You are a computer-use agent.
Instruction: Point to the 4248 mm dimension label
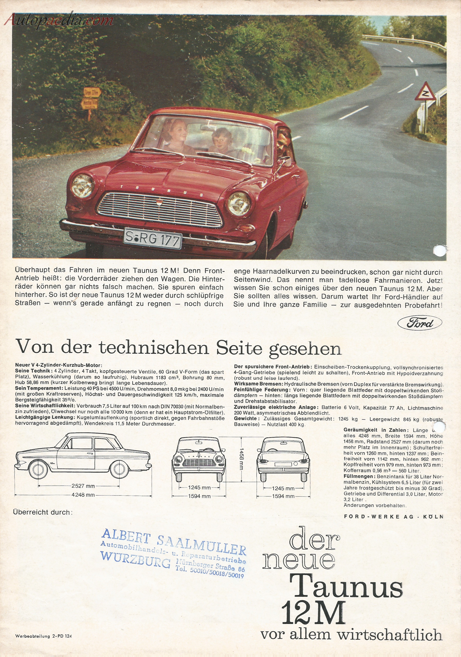click(83, 495)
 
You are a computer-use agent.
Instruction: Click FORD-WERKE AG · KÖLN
click(393, 517)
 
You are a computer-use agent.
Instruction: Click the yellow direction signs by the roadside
click(91, 99)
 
